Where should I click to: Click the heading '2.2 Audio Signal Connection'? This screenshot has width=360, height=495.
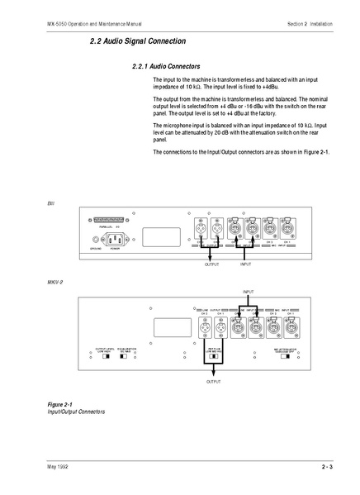[138, 40]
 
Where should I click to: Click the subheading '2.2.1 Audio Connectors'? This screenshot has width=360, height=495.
[165, 65]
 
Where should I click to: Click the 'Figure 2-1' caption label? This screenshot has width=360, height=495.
[61, 403]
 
